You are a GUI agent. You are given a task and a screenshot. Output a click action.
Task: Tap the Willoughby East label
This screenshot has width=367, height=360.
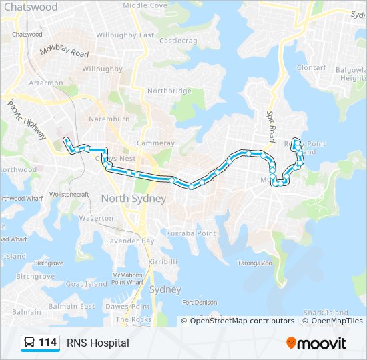click(x=125, y=35)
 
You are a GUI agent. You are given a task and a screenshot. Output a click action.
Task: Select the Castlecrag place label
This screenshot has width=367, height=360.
click(x=178, y=41)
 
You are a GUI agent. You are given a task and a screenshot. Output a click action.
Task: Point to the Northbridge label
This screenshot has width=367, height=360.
click(x=169, y=91)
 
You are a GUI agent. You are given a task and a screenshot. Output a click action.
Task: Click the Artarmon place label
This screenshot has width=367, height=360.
click(x=46, y=83)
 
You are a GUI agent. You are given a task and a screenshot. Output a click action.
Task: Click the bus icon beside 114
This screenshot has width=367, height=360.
click(x=29, y=343)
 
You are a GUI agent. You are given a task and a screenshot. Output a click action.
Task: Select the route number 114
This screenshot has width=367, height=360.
click(x=47, y=343)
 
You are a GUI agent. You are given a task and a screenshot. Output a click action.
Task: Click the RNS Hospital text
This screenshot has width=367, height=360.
click(x=98, y=343)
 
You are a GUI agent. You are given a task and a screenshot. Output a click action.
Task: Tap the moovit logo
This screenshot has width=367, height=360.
click(x=316, y=343)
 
